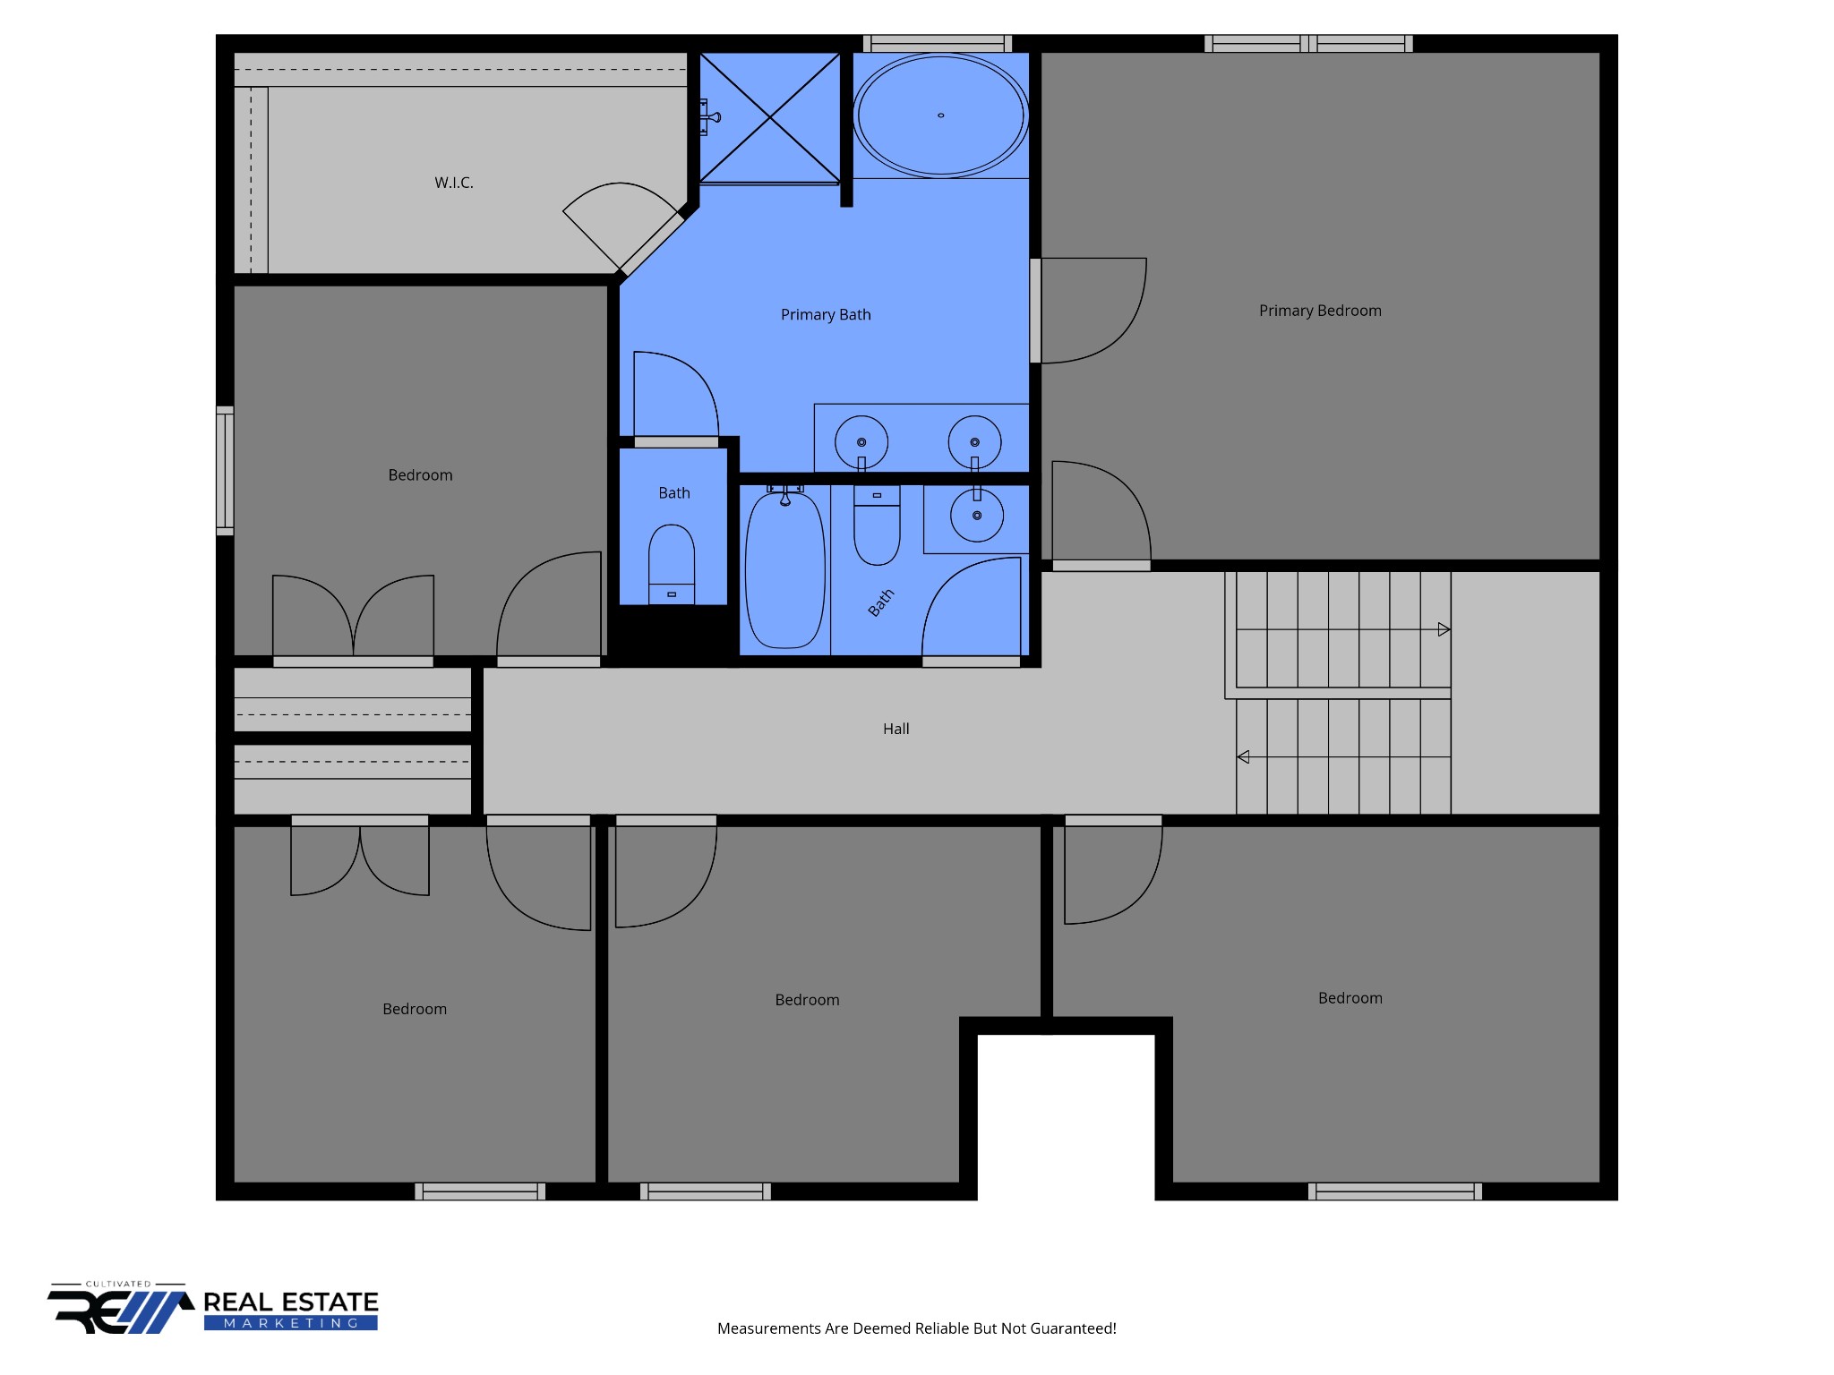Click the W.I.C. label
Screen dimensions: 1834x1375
(454, 183)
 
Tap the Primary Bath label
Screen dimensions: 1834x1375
(826, 314)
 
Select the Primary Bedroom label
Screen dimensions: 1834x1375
(1320, 311)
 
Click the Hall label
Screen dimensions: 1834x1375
(896, 729)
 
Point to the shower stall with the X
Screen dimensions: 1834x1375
(769, 117)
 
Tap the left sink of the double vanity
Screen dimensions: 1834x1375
(861, 442)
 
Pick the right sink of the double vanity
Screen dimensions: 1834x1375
(975, 442)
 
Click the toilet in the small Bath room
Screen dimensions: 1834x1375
(672, 564)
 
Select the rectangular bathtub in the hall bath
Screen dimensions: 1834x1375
(785, 568)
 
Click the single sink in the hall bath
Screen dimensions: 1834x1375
(977, 516)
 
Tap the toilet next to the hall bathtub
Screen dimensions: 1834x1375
(877, 525)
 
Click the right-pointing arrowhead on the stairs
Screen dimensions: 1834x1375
(1444, 629)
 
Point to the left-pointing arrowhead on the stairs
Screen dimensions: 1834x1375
(1243, 757)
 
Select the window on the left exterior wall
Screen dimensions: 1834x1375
(225, 471)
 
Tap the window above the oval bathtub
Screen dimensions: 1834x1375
(938, 43)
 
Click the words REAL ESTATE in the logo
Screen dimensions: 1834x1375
(291, 1302)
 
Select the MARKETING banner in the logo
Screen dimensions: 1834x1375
(291, 1323)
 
